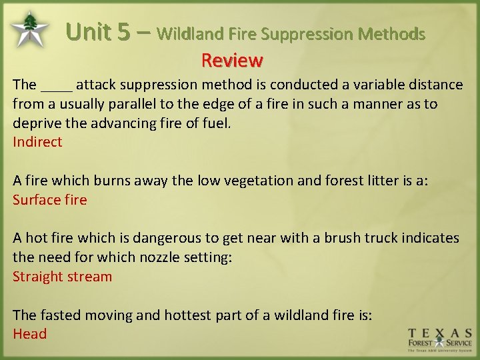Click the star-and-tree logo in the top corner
click(29, 29)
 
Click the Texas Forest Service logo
click(440, 339)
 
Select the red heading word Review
click(232, 61)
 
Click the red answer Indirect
click(37, 142)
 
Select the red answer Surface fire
click(50, 200)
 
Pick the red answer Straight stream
click(63, 277)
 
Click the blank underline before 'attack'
click(57, 85)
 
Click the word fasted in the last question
click(59, 315)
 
